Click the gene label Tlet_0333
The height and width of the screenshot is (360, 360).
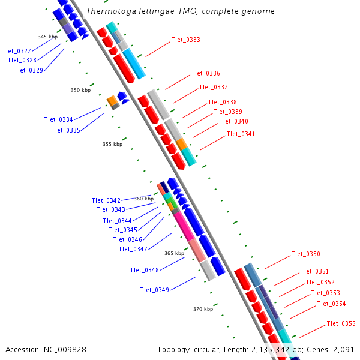pyautogui.click(x=185, y=40)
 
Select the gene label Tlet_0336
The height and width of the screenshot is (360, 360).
pyautogui.click(x=205, y=74)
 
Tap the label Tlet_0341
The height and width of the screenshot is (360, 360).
pyautogui.click(x=241, y=134)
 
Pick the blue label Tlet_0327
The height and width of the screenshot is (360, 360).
pyautogui.click(x=17, y=51)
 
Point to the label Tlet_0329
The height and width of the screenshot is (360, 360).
pyautogui.click(x=28, y=70)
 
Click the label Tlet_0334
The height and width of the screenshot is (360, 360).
pyautogui.click(x=58, y=119)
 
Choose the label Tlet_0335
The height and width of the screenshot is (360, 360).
pyautogui.click(x=65, y=130)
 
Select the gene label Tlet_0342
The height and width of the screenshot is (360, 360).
pyautogui.click(x=106, y=200)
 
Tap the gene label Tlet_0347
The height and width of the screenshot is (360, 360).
pyautogui.click(x=133, y=249)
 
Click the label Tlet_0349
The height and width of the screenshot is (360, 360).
pyautogui.click(x=154, y=290)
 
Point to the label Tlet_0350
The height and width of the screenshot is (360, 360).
pyautogui.click(x=305, y=254)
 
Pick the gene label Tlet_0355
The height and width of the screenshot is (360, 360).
pyautogui.click(x=341, y=324)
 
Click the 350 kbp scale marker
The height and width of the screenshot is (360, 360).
pyautogui.click(x=80, y=91)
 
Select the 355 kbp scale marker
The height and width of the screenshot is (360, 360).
pyautogui.click(x=112, y=144)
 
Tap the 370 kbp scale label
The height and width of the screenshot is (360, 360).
pyautogui.click(x=203, y=310)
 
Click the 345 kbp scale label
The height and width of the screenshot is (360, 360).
pyautogui.click(x=47, y=37)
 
